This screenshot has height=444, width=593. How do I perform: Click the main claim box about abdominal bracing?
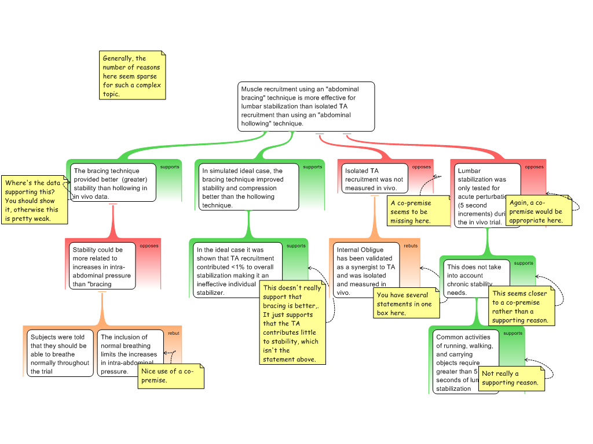306,106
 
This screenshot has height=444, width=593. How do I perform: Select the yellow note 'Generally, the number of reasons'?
133,76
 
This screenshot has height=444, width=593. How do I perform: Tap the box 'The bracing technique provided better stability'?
114,182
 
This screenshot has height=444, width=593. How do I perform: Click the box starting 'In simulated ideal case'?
249,187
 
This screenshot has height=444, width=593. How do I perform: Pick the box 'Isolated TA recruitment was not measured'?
374,179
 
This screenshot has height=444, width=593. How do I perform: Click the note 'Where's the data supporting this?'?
33,201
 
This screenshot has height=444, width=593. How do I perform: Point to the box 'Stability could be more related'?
103,267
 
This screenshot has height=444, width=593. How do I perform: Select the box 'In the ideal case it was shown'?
237,271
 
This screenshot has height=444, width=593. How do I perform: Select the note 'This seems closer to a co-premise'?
521,306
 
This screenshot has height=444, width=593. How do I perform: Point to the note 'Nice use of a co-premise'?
170,376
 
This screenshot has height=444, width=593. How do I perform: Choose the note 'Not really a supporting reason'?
511,378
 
